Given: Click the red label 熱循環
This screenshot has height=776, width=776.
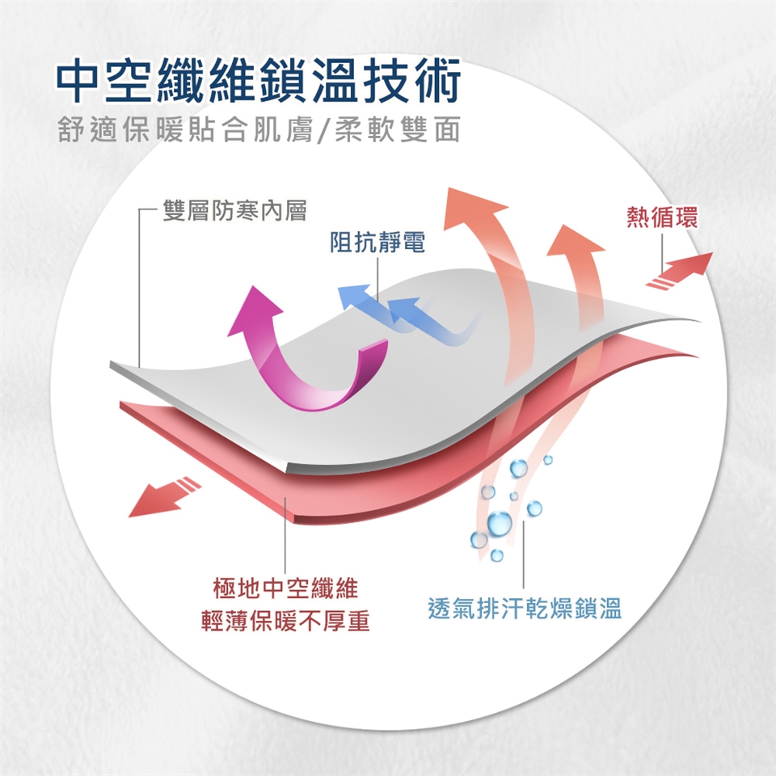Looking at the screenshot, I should coord(662,217).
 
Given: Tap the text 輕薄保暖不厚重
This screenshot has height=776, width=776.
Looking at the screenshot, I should coord(285,621).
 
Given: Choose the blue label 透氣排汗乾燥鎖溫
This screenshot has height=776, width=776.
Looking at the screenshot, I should coord(525,609).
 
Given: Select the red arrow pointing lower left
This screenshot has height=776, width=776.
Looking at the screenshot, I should coord(162,496).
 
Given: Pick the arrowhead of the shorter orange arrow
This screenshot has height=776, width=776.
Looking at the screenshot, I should coord(575,238).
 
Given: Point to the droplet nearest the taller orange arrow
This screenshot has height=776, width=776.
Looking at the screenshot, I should coord(518,468).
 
